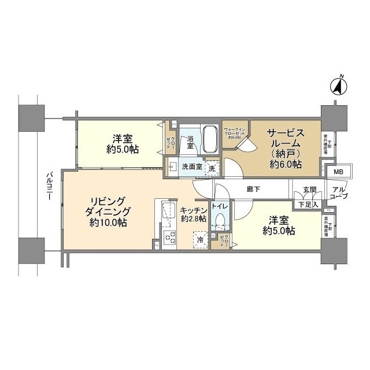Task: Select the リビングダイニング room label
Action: [109, 211]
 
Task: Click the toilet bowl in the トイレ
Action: [220, 222]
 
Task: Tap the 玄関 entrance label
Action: [309, 190]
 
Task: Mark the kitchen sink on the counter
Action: [168, 212]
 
